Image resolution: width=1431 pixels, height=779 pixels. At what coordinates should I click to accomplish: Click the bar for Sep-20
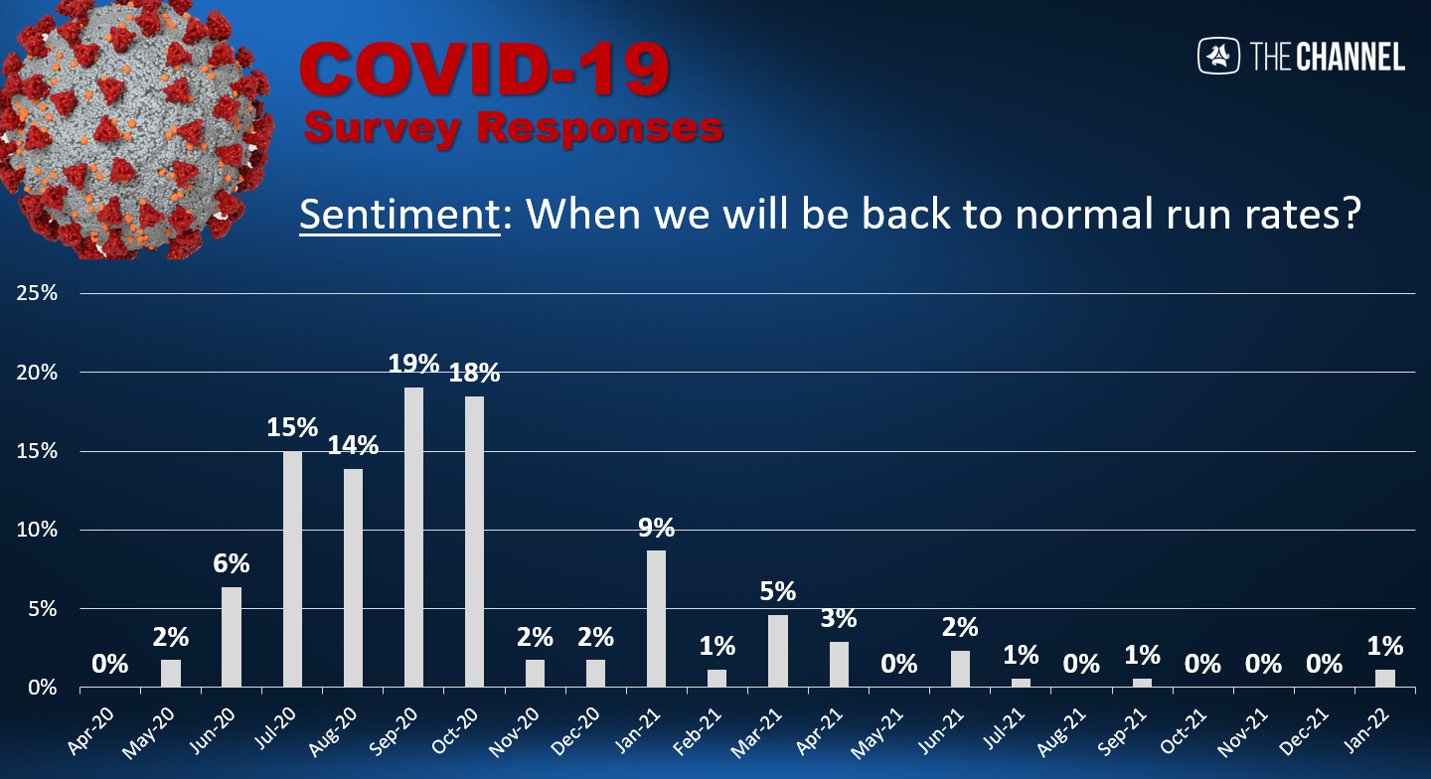[x=413, y=537]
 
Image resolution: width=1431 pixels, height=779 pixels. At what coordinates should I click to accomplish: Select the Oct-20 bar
[x=474, y=542]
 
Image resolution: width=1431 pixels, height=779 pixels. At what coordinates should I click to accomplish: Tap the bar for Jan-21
[x=656, y=619]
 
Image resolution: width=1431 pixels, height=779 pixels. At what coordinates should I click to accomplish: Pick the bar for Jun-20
[x=232, y=637]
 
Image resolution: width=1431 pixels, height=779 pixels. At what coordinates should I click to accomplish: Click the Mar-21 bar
[x=777, y=651]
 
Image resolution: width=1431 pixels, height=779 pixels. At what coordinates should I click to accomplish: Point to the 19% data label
[x=413, y=364]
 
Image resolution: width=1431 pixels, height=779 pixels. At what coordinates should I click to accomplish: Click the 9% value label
[x=656, y=528]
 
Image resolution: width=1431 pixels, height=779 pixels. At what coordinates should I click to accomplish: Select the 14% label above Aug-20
[x=353, y=445]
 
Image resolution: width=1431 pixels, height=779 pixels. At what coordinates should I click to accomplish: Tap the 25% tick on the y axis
[x=37, y=293]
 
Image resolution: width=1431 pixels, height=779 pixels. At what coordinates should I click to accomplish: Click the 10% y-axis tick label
[x=37, y=530]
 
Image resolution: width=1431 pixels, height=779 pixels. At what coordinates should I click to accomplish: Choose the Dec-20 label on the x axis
[x=575, y=731]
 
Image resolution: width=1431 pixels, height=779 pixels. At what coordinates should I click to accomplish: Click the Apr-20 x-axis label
[x=90, y=731]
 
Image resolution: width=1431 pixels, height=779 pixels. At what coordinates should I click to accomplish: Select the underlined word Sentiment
[x=399, y=214]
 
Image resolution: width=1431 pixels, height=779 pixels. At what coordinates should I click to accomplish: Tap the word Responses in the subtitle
[x=600, y=127]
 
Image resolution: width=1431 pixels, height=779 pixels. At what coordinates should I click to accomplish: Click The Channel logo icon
[x=1218, y=56]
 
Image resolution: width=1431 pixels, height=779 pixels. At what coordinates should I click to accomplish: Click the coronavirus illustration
[x=135, y=129]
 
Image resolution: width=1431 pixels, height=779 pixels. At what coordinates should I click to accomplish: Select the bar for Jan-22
[x=1385, y=679]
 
